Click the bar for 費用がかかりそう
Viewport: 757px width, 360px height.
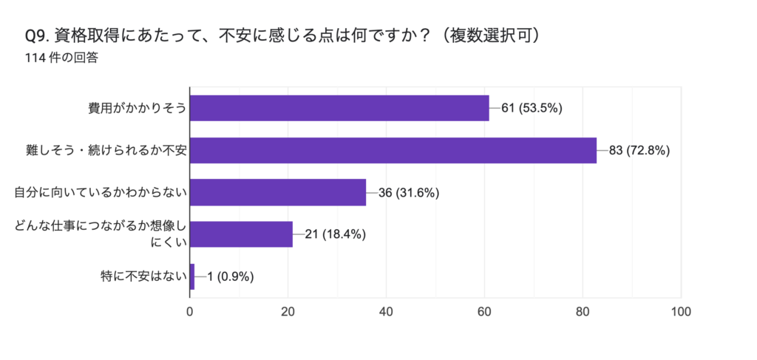click(339, 108)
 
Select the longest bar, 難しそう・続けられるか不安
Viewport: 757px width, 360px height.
click(393, 150)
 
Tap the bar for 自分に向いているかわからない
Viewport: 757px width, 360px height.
click(278, 192)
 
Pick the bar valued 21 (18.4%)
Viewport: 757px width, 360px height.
click(241, 234)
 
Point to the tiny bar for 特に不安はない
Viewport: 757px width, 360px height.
click(192, 276)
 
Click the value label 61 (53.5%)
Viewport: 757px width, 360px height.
click(532, 108)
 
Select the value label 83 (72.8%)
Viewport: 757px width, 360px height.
click(639, 150)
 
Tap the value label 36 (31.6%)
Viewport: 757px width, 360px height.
click(409, 193)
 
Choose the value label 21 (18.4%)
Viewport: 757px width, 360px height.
click(335, 235)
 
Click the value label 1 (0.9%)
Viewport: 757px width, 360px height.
click(231, 277)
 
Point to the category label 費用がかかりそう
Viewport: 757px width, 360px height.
click(136, 109)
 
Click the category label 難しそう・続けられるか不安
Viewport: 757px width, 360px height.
click(104, 151)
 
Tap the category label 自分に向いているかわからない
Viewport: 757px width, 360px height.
click(100, 193)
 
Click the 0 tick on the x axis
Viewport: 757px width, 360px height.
click(190, 311)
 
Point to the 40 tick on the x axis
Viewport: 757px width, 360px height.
click(387, 311)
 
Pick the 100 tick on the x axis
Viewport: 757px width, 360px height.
click(680, 311)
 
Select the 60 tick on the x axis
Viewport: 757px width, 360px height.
click(484, 311)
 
